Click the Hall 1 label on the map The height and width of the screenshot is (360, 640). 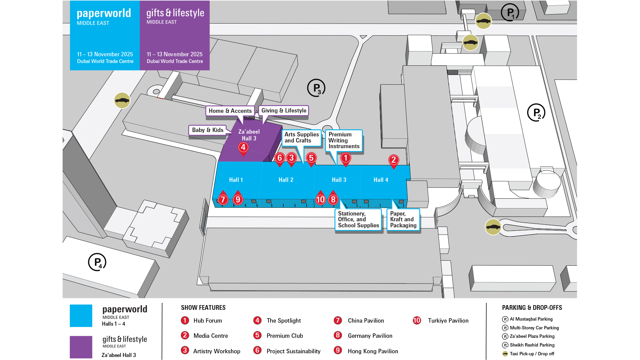click(x=236, y=180)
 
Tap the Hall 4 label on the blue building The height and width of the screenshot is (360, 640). click(x=381, y=180)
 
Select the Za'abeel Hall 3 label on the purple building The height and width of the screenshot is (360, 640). click(x=249, y=135)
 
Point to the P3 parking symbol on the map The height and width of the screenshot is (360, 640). click(x=316, y=88)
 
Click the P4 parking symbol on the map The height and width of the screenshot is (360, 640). click(x=97, y=262)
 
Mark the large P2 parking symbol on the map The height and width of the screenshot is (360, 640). click(x=536, y=112)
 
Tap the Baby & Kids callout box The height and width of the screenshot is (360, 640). click(x=207, y=130)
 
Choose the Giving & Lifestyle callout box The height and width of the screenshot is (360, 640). click(x=284, y=110)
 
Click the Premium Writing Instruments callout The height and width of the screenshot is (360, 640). click(x=344, y=140)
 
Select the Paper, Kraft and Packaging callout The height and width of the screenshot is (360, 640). click(x=403, y=220)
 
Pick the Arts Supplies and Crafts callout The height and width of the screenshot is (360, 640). click(x=301, y=137)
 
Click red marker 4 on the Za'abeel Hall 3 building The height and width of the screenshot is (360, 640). click(x=243, y=147)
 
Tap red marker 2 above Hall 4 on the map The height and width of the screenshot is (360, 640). click(x=393, y=160)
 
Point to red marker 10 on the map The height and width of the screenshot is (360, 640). click(x=320, y=199)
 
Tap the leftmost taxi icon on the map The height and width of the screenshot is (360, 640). click(x=122, y=100)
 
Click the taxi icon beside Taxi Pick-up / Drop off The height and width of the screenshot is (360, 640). click(x=505, y=354)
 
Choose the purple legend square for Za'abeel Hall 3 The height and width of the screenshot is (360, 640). click(x=81, y=347)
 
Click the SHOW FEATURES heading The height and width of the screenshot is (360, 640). click(x=203, y=307)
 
